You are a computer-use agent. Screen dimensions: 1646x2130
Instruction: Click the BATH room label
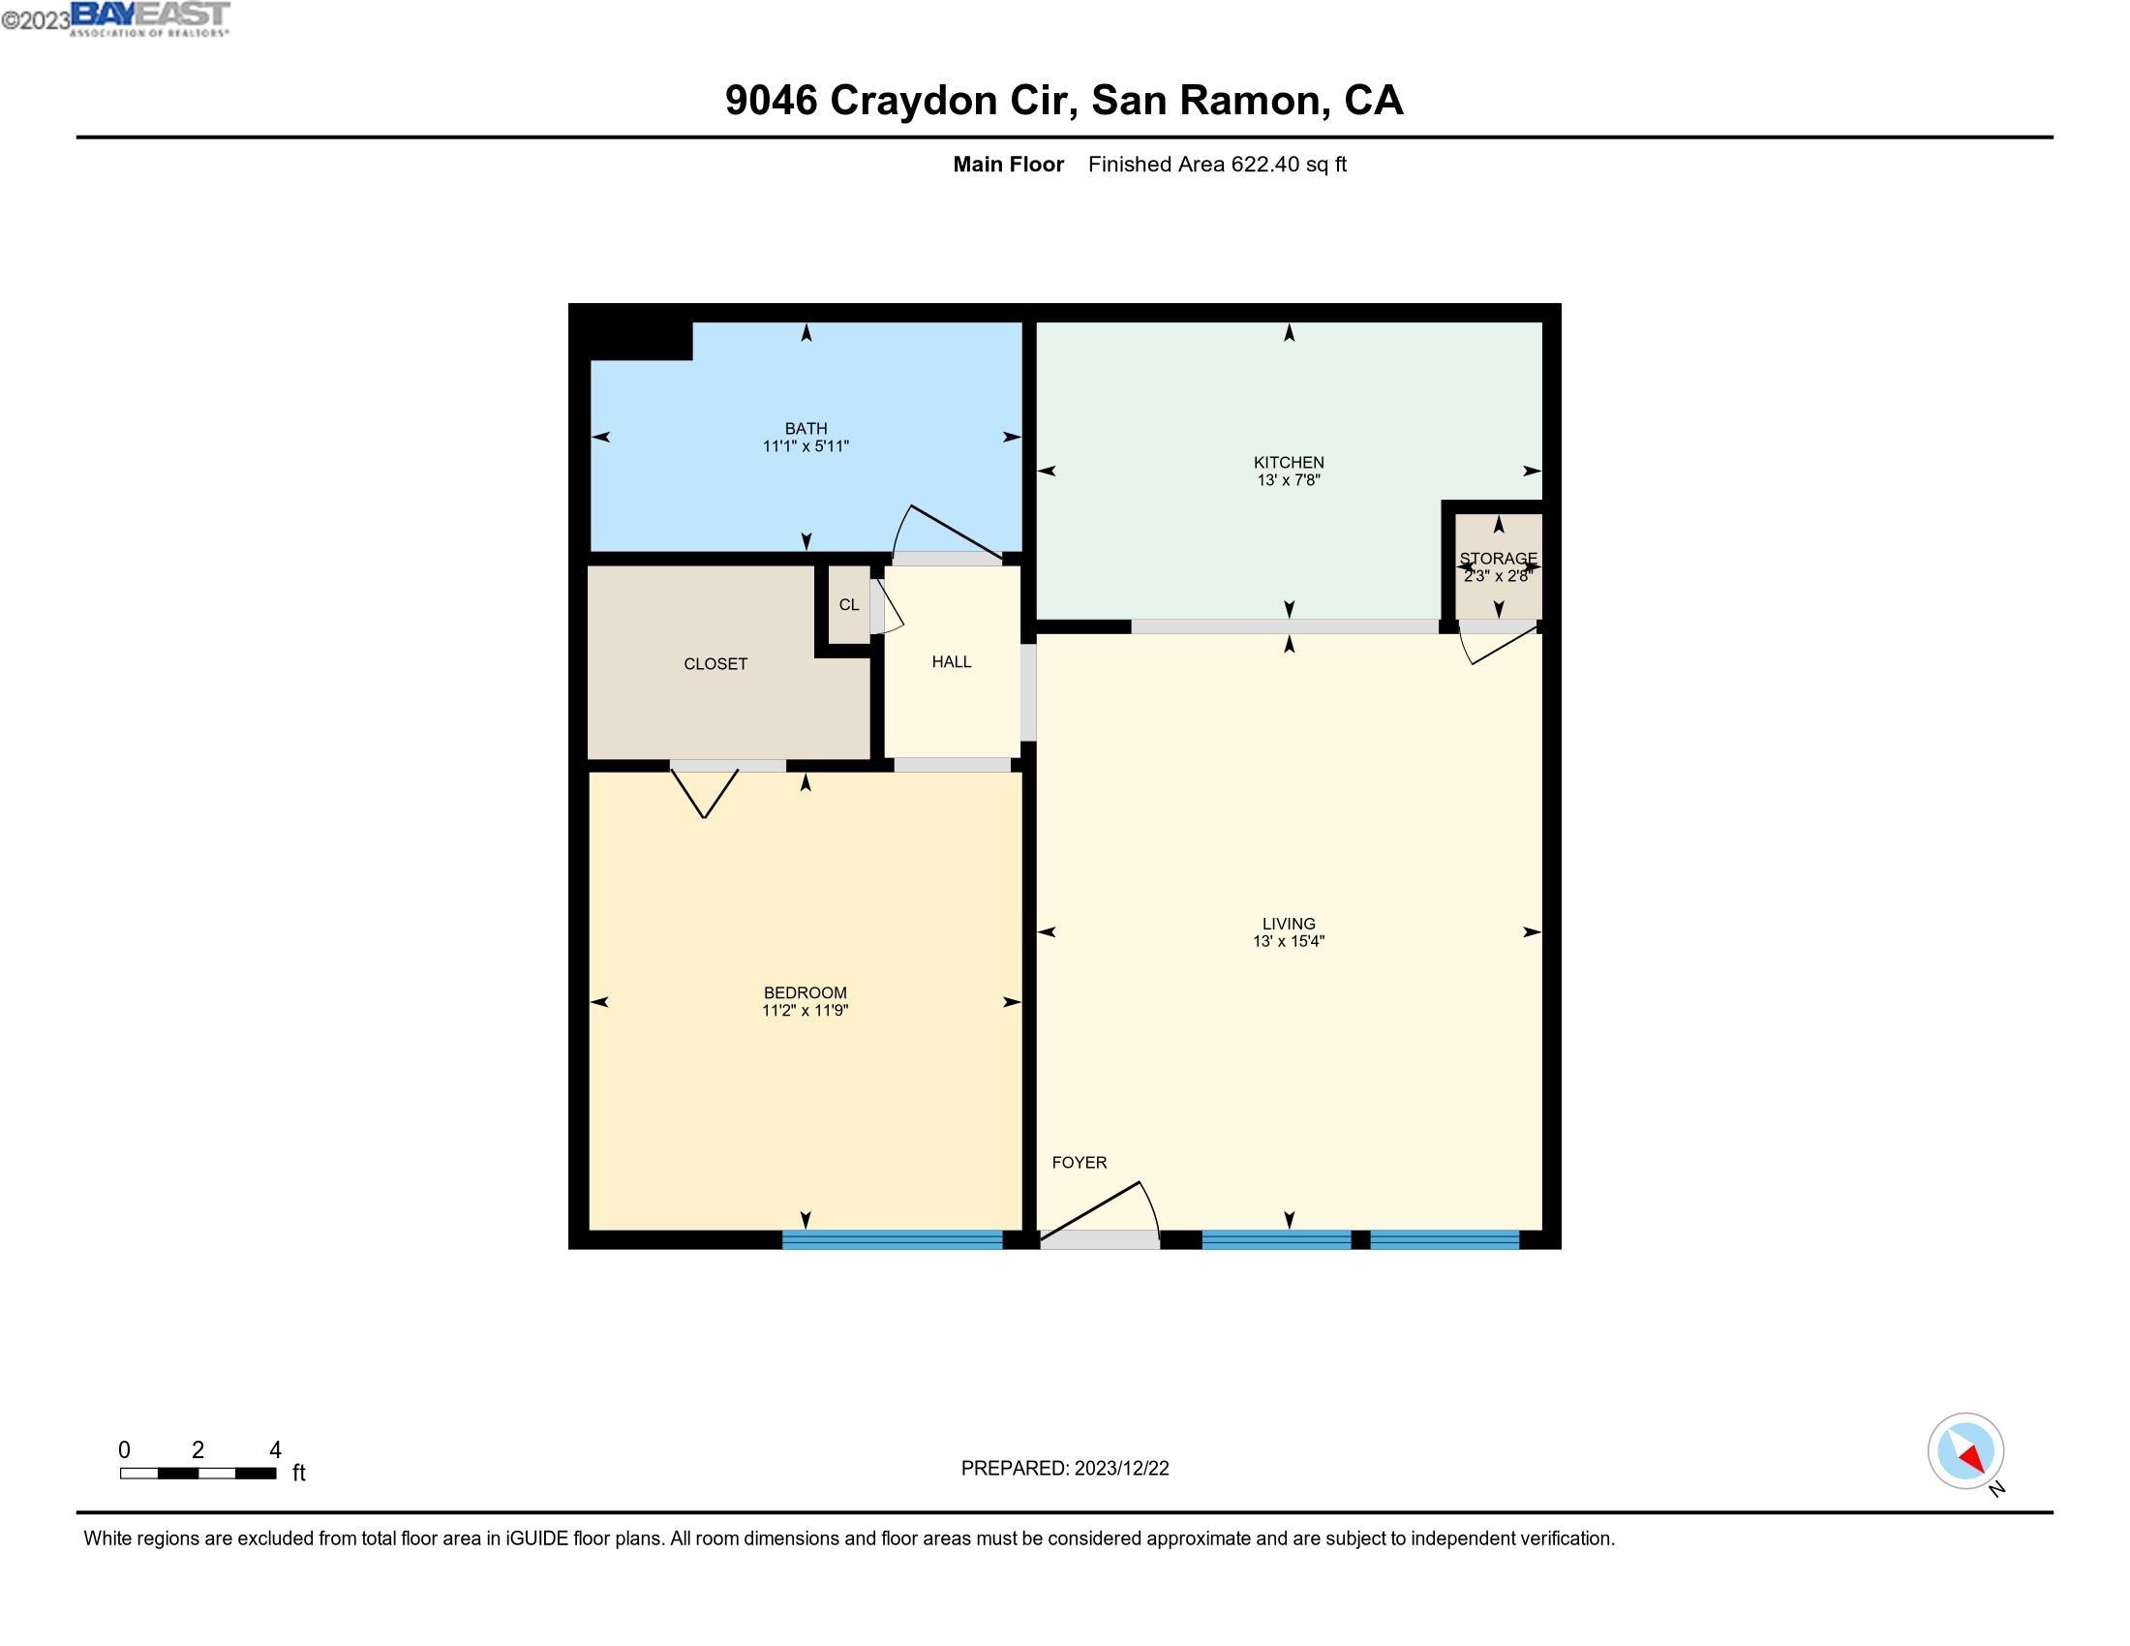click(806, 428)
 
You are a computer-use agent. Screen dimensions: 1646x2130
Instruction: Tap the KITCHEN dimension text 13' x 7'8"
click(1289, 479)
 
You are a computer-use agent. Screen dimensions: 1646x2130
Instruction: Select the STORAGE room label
click(1498, 559)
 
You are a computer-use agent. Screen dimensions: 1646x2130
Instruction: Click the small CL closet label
click(848, 604)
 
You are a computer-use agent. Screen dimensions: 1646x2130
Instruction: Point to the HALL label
click(951, 661)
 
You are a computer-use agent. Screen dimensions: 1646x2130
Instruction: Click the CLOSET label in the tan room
click(715, 664)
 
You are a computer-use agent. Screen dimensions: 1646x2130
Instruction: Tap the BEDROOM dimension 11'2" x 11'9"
click(805, 1010)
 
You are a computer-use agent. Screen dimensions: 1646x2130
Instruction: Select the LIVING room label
click(1289, 924)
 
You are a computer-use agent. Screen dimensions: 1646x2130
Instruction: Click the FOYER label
click(1079, 1162)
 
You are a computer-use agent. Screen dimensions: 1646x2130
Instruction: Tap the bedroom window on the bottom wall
click(892, 1239)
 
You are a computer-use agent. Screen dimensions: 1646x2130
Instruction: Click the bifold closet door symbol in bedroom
click(704, 792)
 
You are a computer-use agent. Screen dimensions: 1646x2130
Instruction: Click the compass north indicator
click(1965, 1451)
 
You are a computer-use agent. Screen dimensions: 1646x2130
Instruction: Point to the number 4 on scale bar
click(275, 1450)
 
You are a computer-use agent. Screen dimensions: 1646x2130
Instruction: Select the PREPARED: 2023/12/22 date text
click(1064, 1469)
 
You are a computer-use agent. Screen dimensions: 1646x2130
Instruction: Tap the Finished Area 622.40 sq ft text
click(1216, 164)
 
